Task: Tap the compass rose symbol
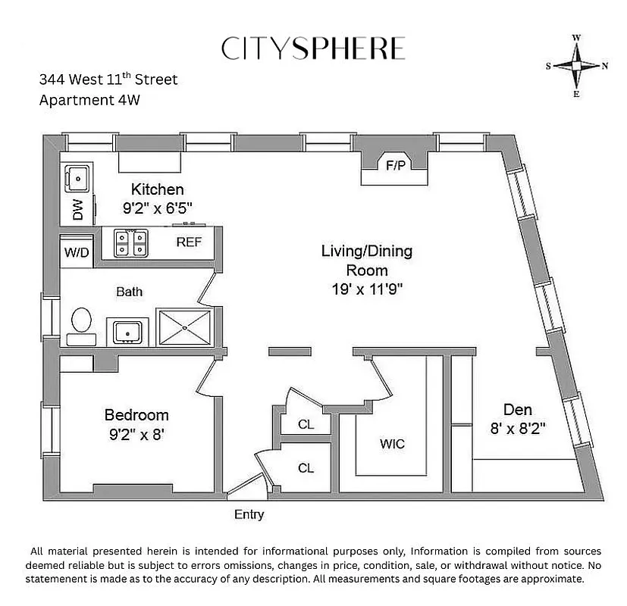[x=576, y=67]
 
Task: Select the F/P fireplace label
[x=395, y=165]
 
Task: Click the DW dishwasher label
[x=78, y=210]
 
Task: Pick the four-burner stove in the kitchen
[x=130, y=243]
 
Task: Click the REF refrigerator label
[x=188, y=242]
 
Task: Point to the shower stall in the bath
[x=186, y=327]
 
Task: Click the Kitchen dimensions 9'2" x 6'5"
[x=158, y=208]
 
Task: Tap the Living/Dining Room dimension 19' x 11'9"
[x=367, y=288]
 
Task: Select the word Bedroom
[x=136, y=415]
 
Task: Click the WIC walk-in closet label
[x=392, y=444]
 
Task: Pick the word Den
[x=518, y=410]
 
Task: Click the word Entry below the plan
[x=249, y=515]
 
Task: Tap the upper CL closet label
[x=306, y=425]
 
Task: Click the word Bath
[x=129, y=291]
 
